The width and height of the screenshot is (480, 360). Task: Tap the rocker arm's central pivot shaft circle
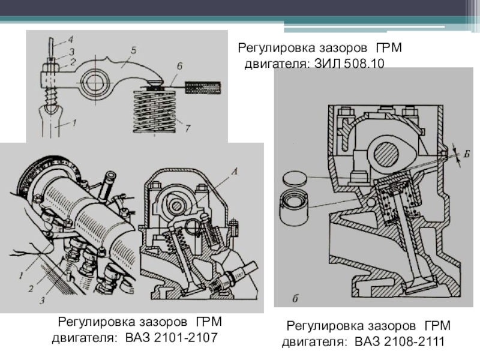pyautogui.click(x=95, y=80)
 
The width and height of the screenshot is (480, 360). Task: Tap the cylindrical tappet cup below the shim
pyautogui.click(x=295, y=204)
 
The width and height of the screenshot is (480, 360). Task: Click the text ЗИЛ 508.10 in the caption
pyautogui.click(x=347, y=63)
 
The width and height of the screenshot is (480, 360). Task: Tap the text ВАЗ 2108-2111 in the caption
pyautogui.click(x=398, y=342)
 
